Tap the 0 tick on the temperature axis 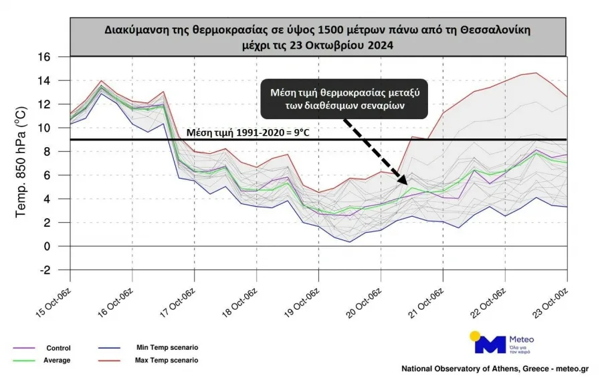point(47,247)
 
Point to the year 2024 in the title point(380,45)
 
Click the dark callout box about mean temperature point(344,100)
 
